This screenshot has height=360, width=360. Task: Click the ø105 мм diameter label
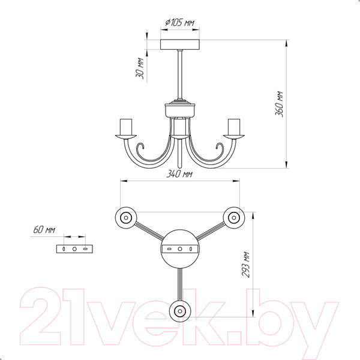point(179,23)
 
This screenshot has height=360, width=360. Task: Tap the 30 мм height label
point(140,68)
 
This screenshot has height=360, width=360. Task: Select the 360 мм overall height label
point(279,104)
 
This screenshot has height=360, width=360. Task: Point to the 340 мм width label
point(179,174)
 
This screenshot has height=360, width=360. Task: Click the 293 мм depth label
point(245,265)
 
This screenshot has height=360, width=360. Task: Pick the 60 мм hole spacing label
point(44,230)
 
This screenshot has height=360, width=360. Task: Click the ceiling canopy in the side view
point(180,44)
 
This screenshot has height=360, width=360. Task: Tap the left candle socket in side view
point(126,127)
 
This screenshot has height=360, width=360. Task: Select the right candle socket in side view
point(234,127)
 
